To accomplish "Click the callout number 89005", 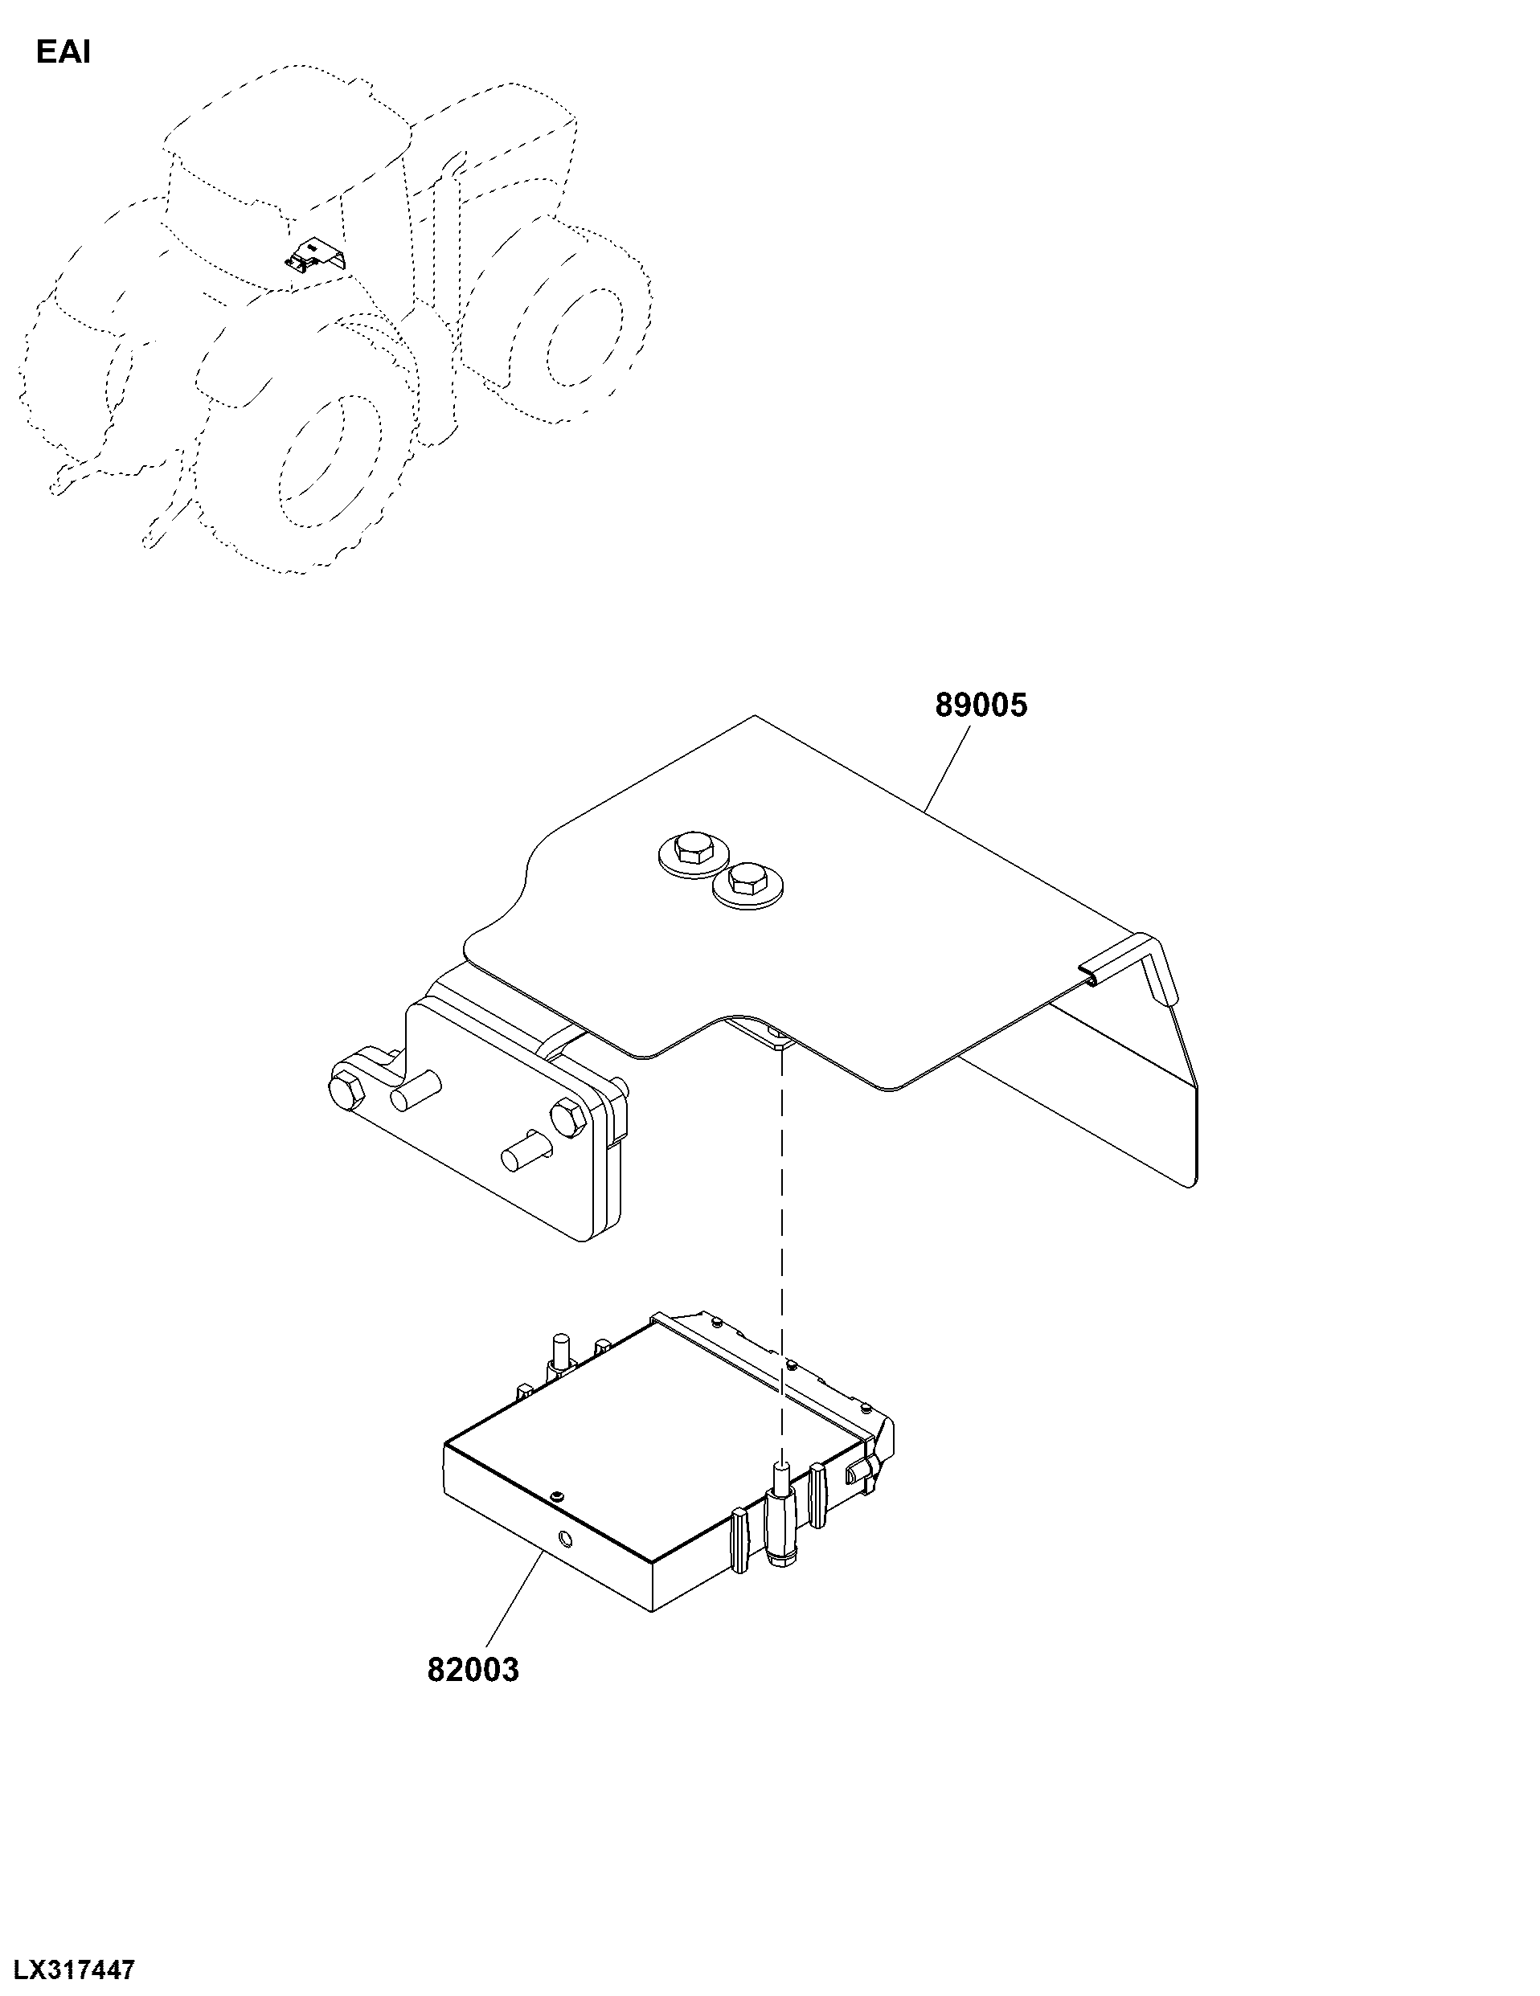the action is (981, 706).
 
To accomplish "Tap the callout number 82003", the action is (473, 1670).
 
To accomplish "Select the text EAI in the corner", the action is (63, 53).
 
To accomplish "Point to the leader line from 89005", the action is (947, 766).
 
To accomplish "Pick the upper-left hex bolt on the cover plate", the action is (692, 852).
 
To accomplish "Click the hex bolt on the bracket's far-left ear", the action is (344, 1090).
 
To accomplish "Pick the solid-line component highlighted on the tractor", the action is (314, 256).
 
